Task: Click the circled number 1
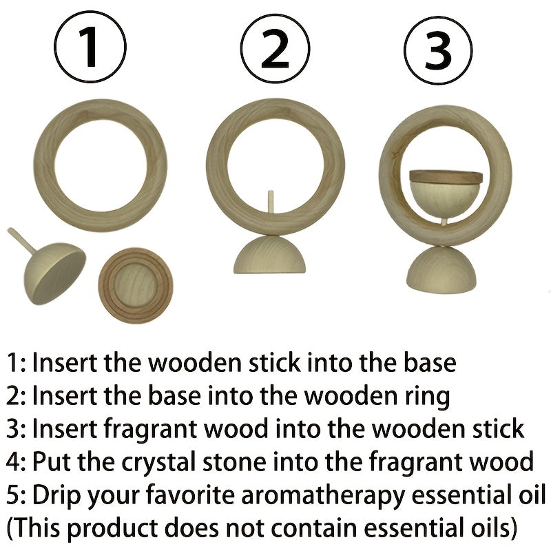[90, 48]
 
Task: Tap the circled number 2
[274, 48]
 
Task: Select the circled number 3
[438, 48]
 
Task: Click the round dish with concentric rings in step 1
[135, 285]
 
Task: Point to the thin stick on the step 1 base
[23, 239]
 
